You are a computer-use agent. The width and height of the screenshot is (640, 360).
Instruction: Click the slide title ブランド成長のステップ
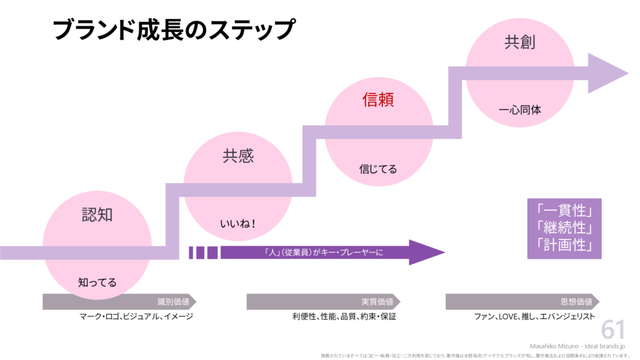click(x=173, y=29)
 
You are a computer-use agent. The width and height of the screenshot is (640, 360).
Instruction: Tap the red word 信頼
click(x=379, y=99)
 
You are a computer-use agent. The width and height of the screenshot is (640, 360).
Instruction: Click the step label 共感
click(x=238, y=156)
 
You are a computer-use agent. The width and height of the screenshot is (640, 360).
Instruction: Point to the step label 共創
click(x=520, y=42)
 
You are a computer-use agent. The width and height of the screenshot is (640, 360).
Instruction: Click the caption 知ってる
click(x=97, y=282)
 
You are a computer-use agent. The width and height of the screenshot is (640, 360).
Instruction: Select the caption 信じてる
click(x=378, y=169)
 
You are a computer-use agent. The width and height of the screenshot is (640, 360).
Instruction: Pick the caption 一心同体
click(x=520, y=110)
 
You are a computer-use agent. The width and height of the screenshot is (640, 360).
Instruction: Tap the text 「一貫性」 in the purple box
click(x=564, y=209)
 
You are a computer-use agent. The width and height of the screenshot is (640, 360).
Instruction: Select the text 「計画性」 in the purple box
click(x=564, y=244)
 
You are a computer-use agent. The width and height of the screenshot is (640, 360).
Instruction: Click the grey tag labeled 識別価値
click(x=119, y=301)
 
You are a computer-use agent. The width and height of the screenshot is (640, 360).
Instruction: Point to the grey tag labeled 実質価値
click(x=323, y=301)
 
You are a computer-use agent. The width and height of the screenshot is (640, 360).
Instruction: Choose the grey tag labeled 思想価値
click(x=522, y=301)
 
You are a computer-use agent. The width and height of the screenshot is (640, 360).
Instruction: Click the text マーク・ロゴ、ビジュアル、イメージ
click(x=136, y=316)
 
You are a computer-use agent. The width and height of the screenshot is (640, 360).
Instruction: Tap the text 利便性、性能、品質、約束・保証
click(x=344, y=316)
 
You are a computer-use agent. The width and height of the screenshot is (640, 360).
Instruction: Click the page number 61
click(x=613, y=330)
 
